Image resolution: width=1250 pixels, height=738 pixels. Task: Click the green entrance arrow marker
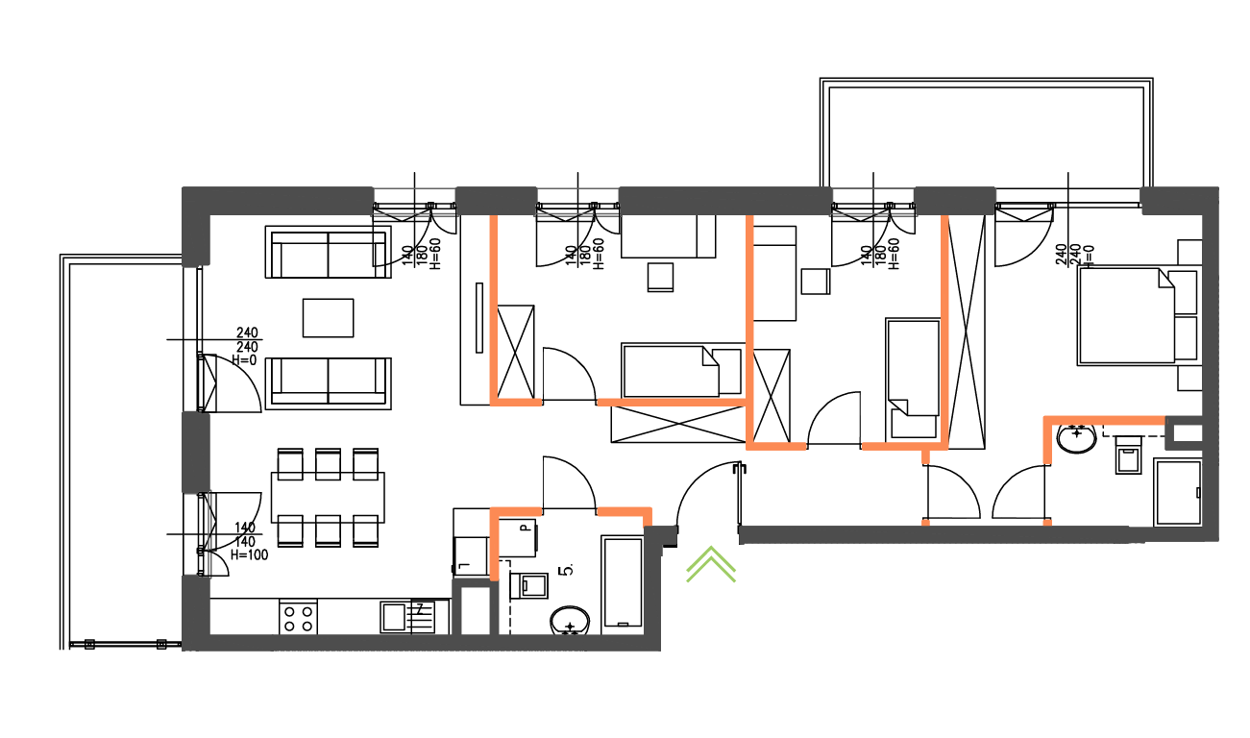[711, 566]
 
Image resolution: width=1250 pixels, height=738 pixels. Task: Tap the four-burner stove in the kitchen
[298, 617]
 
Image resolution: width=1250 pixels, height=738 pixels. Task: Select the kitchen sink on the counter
[394, 616]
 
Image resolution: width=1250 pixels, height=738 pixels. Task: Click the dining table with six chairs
[328, 497]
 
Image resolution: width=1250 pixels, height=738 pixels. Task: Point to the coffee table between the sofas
[328, 318]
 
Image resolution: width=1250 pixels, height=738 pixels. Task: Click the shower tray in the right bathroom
[1177, 493]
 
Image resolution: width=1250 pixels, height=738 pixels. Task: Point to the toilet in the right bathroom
[1127, 455]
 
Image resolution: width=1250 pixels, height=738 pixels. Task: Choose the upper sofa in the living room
[328, 253]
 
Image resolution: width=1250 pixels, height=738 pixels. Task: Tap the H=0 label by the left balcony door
[245, 359]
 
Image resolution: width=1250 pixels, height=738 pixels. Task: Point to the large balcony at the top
[985, 135]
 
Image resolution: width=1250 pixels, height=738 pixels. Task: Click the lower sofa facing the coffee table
[328, 381]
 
